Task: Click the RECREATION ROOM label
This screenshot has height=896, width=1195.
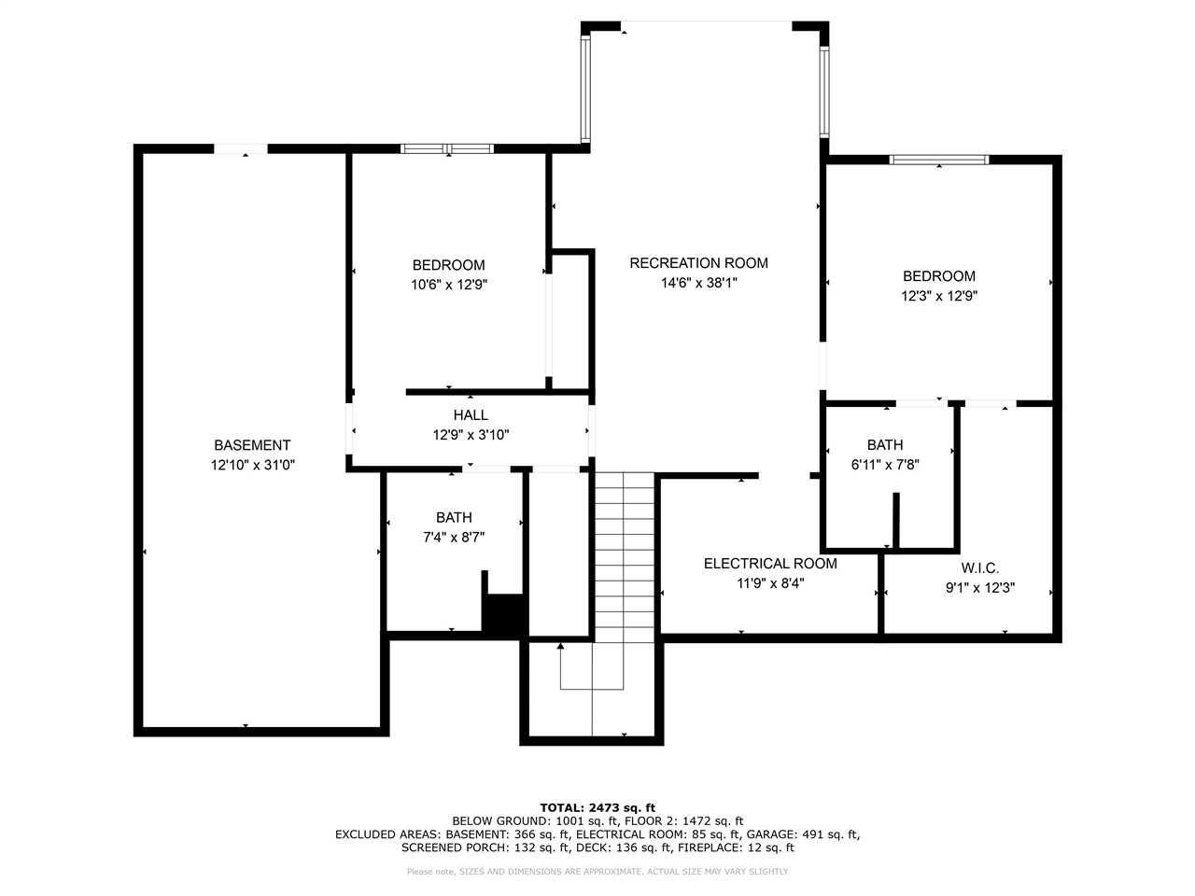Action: click(698, 263)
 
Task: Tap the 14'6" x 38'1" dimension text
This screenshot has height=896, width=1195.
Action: click(698, 283)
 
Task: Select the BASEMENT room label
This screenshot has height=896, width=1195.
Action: click(252, 445)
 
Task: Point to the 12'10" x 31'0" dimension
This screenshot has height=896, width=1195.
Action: click(252, 465)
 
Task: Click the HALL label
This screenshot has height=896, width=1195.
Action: click(471, 414)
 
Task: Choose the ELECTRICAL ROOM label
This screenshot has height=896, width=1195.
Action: click(770, 564)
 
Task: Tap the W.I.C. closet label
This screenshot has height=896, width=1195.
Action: click(980, 568)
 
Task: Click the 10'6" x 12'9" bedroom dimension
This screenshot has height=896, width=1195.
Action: click(449, 285)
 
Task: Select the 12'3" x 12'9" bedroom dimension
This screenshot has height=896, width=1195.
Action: click(939, 296)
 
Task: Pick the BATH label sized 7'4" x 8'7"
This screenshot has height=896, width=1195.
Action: click(454, 517)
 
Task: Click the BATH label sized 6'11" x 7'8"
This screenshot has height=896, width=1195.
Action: click(885, 445)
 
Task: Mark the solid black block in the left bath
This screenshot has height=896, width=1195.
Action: click(505, 616)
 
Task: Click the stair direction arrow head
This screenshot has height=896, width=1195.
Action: click(560, 646)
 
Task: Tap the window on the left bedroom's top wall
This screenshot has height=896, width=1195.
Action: click(447, 148)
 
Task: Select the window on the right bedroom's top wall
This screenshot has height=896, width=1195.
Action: click(938, 160)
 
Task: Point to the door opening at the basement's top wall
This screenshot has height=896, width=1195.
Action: click(241, 149)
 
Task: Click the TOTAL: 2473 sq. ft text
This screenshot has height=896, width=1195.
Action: click(597, 807)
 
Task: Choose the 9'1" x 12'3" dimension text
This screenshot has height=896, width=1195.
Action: click(980, 588)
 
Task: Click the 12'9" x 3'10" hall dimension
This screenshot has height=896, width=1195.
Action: click(471, 434)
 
